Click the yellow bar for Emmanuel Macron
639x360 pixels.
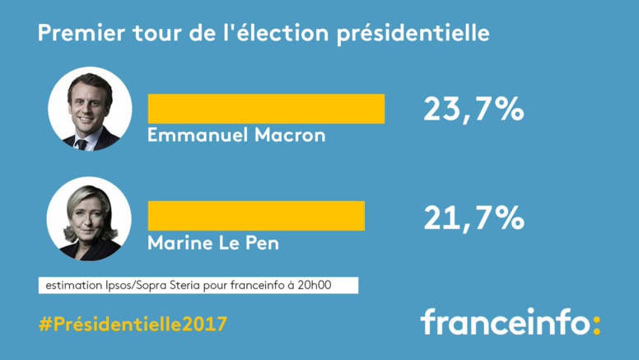coord(265,109)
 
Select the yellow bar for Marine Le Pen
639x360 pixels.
coord(255,216)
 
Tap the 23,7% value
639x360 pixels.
coord(473,110)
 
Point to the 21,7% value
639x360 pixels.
coord(473,217)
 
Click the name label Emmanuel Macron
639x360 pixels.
coord(236,135)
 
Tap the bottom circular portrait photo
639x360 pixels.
coord(90,218)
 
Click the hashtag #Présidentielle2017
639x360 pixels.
coord(133,324)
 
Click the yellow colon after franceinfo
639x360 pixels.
coord(597,324)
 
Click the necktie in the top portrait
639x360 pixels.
coord(82,142)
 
